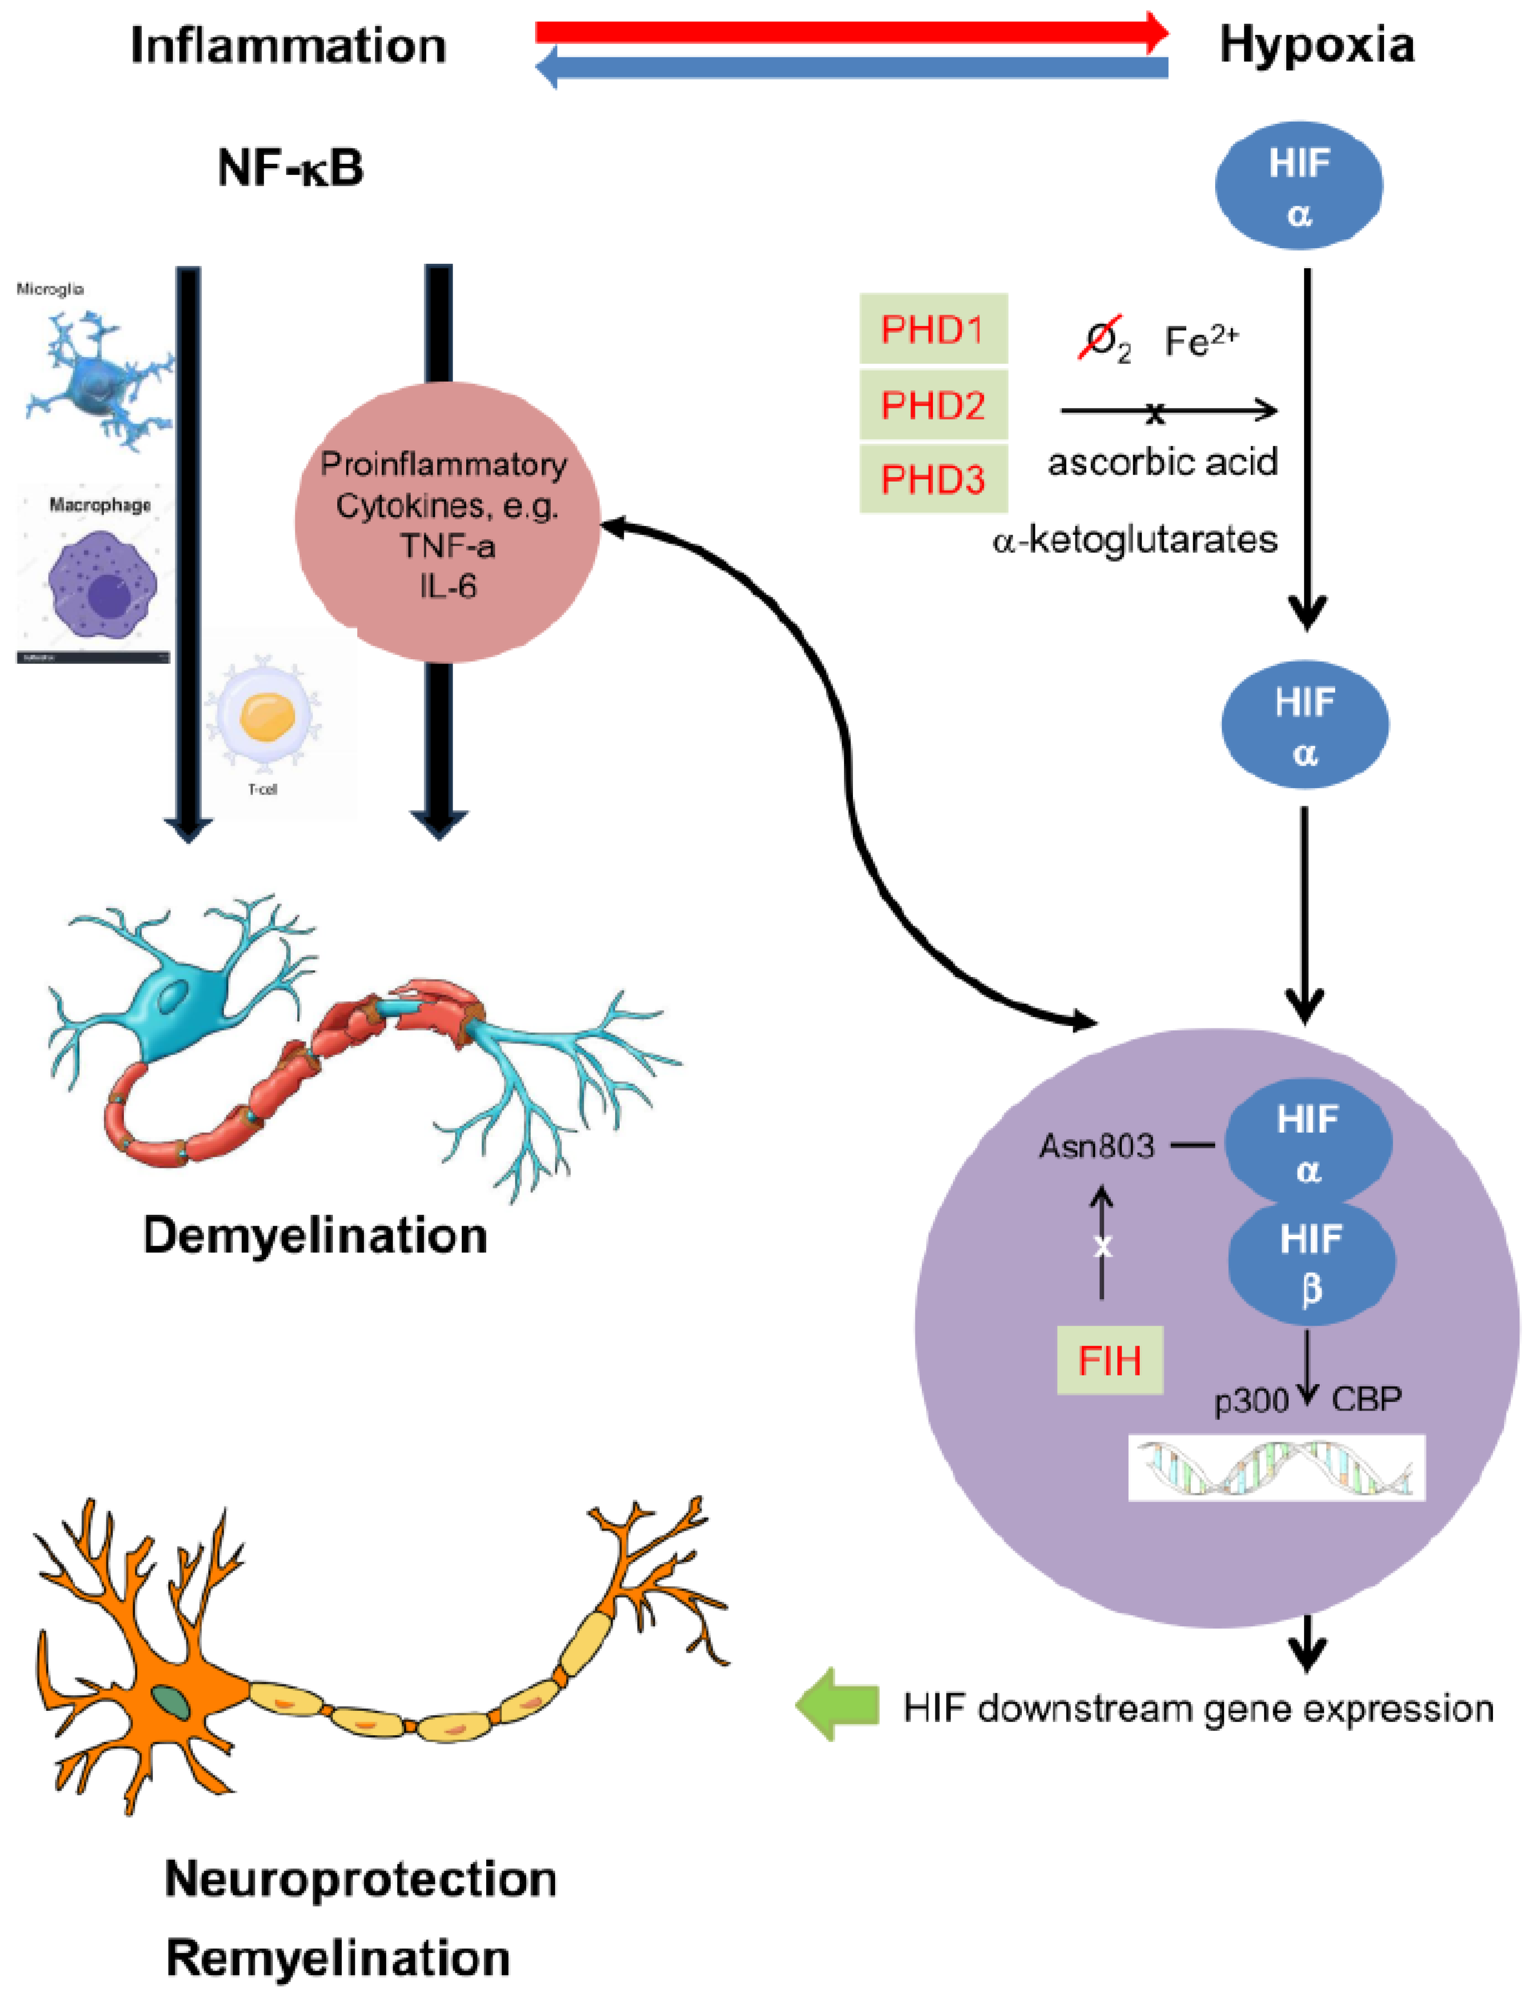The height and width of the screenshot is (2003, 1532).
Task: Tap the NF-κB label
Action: (290, 169)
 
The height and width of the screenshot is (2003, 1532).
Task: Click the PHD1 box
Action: (933, 329)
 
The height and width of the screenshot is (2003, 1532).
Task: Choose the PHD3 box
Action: (933, 479)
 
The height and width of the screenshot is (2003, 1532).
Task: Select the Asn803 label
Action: (1096, 1146)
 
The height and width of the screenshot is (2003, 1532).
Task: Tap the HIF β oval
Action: (1311, 1263)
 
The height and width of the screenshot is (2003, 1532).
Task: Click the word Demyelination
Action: (315, 1236)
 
